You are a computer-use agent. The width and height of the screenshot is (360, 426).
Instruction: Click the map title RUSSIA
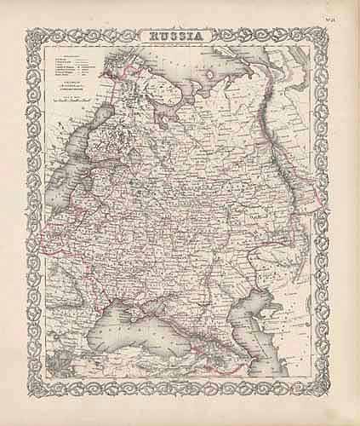click(x=176, y=37)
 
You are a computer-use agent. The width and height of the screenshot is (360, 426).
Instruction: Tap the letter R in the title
click(x=154, y=37)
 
